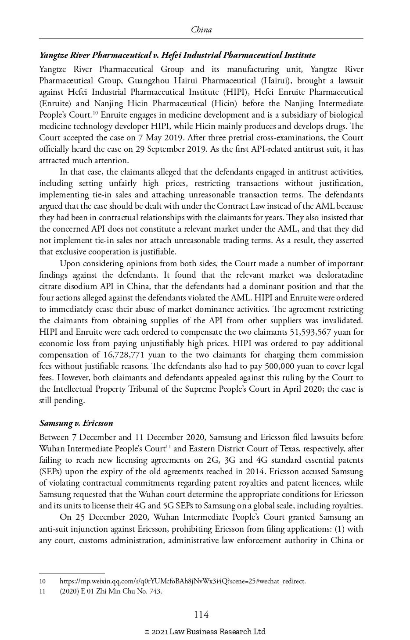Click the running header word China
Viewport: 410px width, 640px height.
click(201, 30)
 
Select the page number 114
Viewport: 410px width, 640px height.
click(201, 615)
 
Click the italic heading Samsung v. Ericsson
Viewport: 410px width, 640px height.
click(76, 423)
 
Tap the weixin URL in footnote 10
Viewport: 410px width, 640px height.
click(183, 581)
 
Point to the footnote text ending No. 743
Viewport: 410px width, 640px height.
click(111, 591)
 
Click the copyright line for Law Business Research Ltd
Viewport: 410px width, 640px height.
click(205, 632)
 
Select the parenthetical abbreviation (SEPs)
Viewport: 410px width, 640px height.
click(51, 472)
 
